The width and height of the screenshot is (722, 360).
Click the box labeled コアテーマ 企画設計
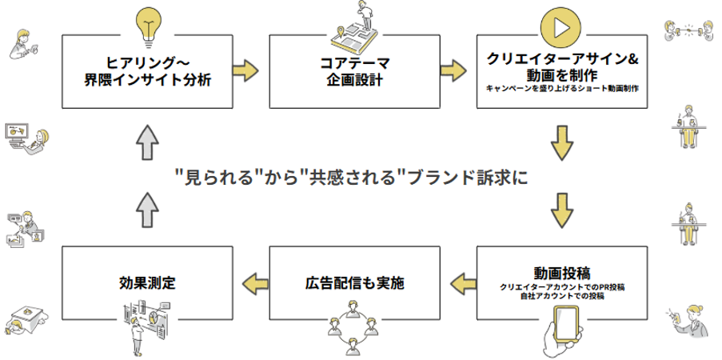click(354, 70)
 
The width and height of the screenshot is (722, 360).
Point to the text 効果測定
click(147, 282)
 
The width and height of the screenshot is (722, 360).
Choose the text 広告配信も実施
click(354, 282)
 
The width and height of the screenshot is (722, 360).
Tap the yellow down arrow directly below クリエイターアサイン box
click(563, 142)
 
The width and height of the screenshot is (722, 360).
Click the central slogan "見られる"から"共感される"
click(352, 176)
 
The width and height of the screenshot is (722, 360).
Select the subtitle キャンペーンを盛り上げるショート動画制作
click(562, 88)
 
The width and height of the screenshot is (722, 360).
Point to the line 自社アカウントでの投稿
click(562, 296)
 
